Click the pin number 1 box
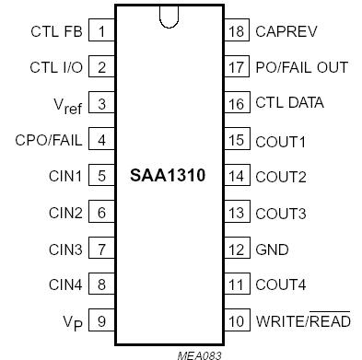tap(101, 30)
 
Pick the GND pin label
tap(272, 250)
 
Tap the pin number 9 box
tap(101, 322)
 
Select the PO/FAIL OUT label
tap(301, 67)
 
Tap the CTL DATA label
tap(289, 103)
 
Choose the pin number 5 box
tap(101, 176)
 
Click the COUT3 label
tap(280, 213)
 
